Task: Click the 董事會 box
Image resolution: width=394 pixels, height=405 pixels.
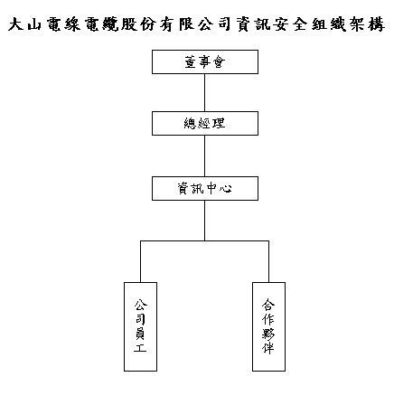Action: (x=205, y=61)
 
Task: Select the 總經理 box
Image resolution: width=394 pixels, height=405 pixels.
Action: (x=205, y=123)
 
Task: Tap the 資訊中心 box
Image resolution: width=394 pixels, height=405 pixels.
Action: (x=205, y=188)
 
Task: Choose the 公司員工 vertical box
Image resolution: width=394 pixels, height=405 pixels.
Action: (x=140, y=326)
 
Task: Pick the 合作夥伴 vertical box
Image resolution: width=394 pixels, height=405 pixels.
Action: (x=268, y=326)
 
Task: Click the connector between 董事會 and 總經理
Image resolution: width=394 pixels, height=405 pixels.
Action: (x=205, y=93)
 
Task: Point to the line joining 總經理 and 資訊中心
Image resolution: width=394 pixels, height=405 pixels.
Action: (x=205, y=155)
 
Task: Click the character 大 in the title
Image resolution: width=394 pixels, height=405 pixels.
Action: (x=16, y=24)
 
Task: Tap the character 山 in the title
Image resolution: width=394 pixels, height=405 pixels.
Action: (x=34, y=24)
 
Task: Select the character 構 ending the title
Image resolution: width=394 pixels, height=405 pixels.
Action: (x=376, y=24)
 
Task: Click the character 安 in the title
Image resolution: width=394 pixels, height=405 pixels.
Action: (x=282, y=24)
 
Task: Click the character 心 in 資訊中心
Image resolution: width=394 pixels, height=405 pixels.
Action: (x=225, y=189)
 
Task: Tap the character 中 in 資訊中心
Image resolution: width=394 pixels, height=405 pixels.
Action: (x=211, y=189)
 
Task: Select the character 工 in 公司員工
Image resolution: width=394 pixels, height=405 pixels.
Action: (x=140, y=348)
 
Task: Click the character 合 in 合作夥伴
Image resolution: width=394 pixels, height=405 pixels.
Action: (x=268, y=305)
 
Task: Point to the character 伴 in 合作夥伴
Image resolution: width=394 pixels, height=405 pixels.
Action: (x=268, y=348)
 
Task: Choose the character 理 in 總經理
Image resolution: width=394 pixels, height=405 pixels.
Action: (x=219, y=123)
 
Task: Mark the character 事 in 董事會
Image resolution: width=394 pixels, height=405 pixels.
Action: (x=205, y=61)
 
